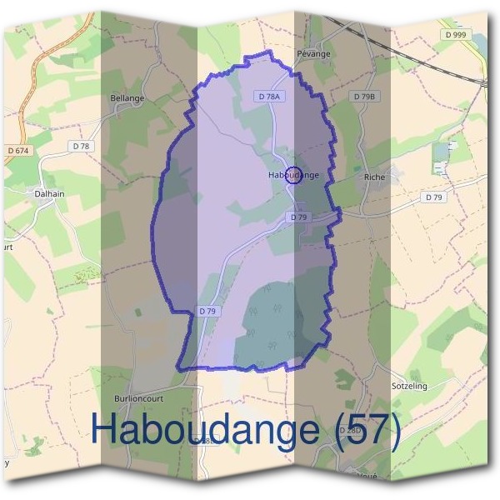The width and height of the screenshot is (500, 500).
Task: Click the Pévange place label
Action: coord(313,54)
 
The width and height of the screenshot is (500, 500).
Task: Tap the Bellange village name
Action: coord(127,97)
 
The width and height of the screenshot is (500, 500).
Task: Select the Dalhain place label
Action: coord(49,193)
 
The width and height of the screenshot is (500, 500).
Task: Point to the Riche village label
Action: coord(374,177)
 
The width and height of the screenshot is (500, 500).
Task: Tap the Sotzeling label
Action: coord(410,387)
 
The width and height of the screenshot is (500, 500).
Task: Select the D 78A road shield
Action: coord(271,97)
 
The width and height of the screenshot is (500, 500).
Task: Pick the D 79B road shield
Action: coord(365,97)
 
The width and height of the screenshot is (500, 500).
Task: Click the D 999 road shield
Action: coord(456,34)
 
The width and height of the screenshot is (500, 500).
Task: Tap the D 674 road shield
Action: coord(17,150)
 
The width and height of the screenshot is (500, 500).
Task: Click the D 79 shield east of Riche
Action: coord(433,197)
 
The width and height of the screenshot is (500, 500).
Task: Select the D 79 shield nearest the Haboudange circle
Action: coord(299,217)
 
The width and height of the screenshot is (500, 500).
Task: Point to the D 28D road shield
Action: coord(353,431)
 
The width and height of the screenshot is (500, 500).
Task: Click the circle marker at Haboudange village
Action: coord(292,175)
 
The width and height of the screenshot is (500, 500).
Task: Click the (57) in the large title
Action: coord(366,429)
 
